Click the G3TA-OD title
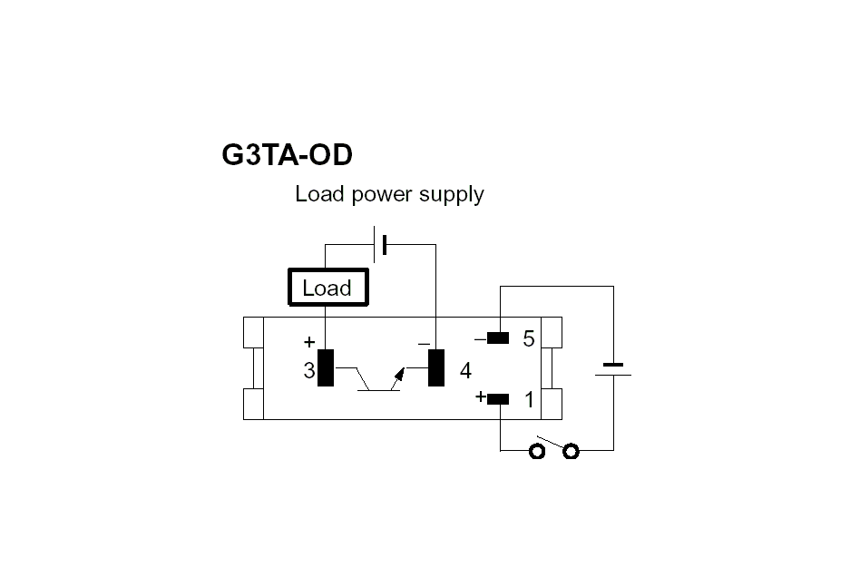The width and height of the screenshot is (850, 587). [287, 155]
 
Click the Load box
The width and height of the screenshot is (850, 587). [327, 289]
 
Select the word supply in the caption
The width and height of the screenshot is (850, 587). [451, 194]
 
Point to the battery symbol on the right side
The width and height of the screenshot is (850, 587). [613, 368]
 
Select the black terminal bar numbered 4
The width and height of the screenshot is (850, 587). [436, 367]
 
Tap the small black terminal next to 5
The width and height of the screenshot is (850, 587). [498, 338]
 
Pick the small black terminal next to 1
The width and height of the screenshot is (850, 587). [498, 398]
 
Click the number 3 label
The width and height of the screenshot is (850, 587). [309, 371]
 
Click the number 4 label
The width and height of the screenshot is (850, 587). [465, 371]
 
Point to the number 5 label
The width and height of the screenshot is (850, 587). [529, 340]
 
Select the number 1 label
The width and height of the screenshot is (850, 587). [529, 400]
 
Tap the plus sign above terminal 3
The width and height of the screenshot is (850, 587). [309, 343]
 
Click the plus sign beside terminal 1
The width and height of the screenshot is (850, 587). [480, 396]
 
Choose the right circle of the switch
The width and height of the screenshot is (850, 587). [571, 451]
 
